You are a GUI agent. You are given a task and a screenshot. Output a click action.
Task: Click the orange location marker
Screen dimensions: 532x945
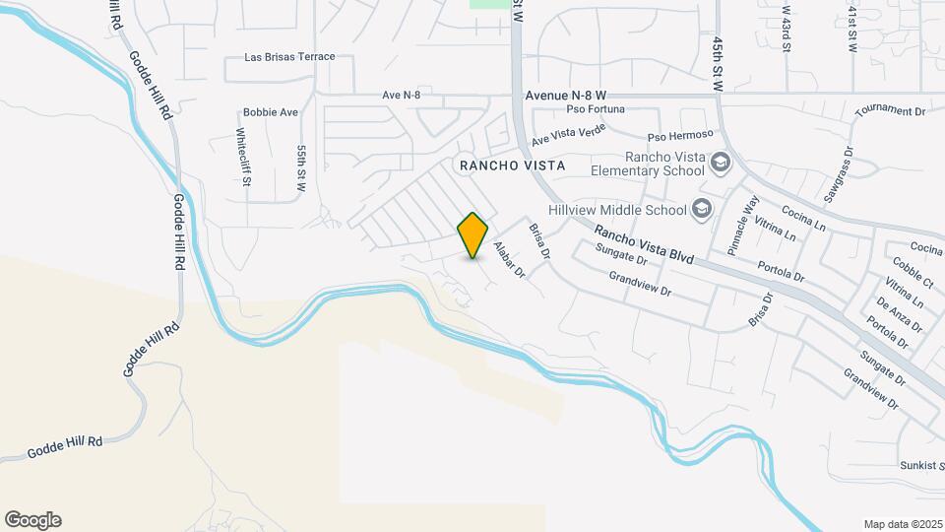473,234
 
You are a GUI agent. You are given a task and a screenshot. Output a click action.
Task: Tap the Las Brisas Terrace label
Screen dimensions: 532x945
290,57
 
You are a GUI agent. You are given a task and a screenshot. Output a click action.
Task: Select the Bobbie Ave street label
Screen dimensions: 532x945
271,112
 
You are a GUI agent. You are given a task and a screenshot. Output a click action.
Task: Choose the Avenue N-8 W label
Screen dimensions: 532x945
570,96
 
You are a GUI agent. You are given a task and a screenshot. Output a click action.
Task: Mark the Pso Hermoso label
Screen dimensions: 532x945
678,136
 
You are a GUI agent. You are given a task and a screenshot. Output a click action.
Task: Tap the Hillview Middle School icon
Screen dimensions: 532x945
702,208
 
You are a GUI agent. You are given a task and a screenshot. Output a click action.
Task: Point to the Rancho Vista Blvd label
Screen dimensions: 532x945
644,246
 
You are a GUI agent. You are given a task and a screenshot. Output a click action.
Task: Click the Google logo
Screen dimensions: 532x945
32,520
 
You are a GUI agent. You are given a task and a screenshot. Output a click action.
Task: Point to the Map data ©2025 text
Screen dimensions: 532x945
902,524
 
